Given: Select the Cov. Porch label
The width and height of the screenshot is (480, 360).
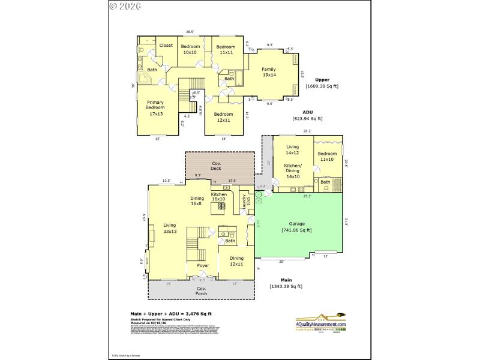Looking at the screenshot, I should pos(202,290).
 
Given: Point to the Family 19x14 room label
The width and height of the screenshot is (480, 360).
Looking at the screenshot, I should pos(268,72).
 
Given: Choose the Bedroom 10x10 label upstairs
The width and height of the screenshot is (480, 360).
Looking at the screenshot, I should pos(190,49).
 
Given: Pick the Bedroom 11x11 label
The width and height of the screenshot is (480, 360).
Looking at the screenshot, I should pos(226,49).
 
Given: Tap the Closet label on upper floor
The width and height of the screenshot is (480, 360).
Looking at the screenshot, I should pos(166,46).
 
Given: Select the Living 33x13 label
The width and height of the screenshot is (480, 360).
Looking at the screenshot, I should pos(170,228).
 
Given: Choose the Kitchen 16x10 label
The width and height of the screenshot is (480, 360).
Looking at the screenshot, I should pos(218,197).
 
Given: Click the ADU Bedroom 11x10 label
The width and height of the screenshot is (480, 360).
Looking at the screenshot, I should pos(327,156).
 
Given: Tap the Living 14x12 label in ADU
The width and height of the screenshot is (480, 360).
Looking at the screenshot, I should pos(292,149).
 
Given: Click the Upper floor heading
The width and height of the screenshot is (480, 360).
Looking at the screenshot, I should pos(322,79).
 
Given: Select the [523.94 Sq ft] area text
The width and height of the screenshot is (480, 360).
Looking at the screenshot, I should pos(308,119).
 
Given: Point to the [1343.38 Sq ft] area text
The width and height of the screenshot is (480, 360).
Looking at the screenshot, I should pos(286,286).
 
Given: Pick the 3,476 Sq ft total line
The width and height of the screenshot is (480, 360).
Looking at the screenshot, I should pos(171,313).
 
